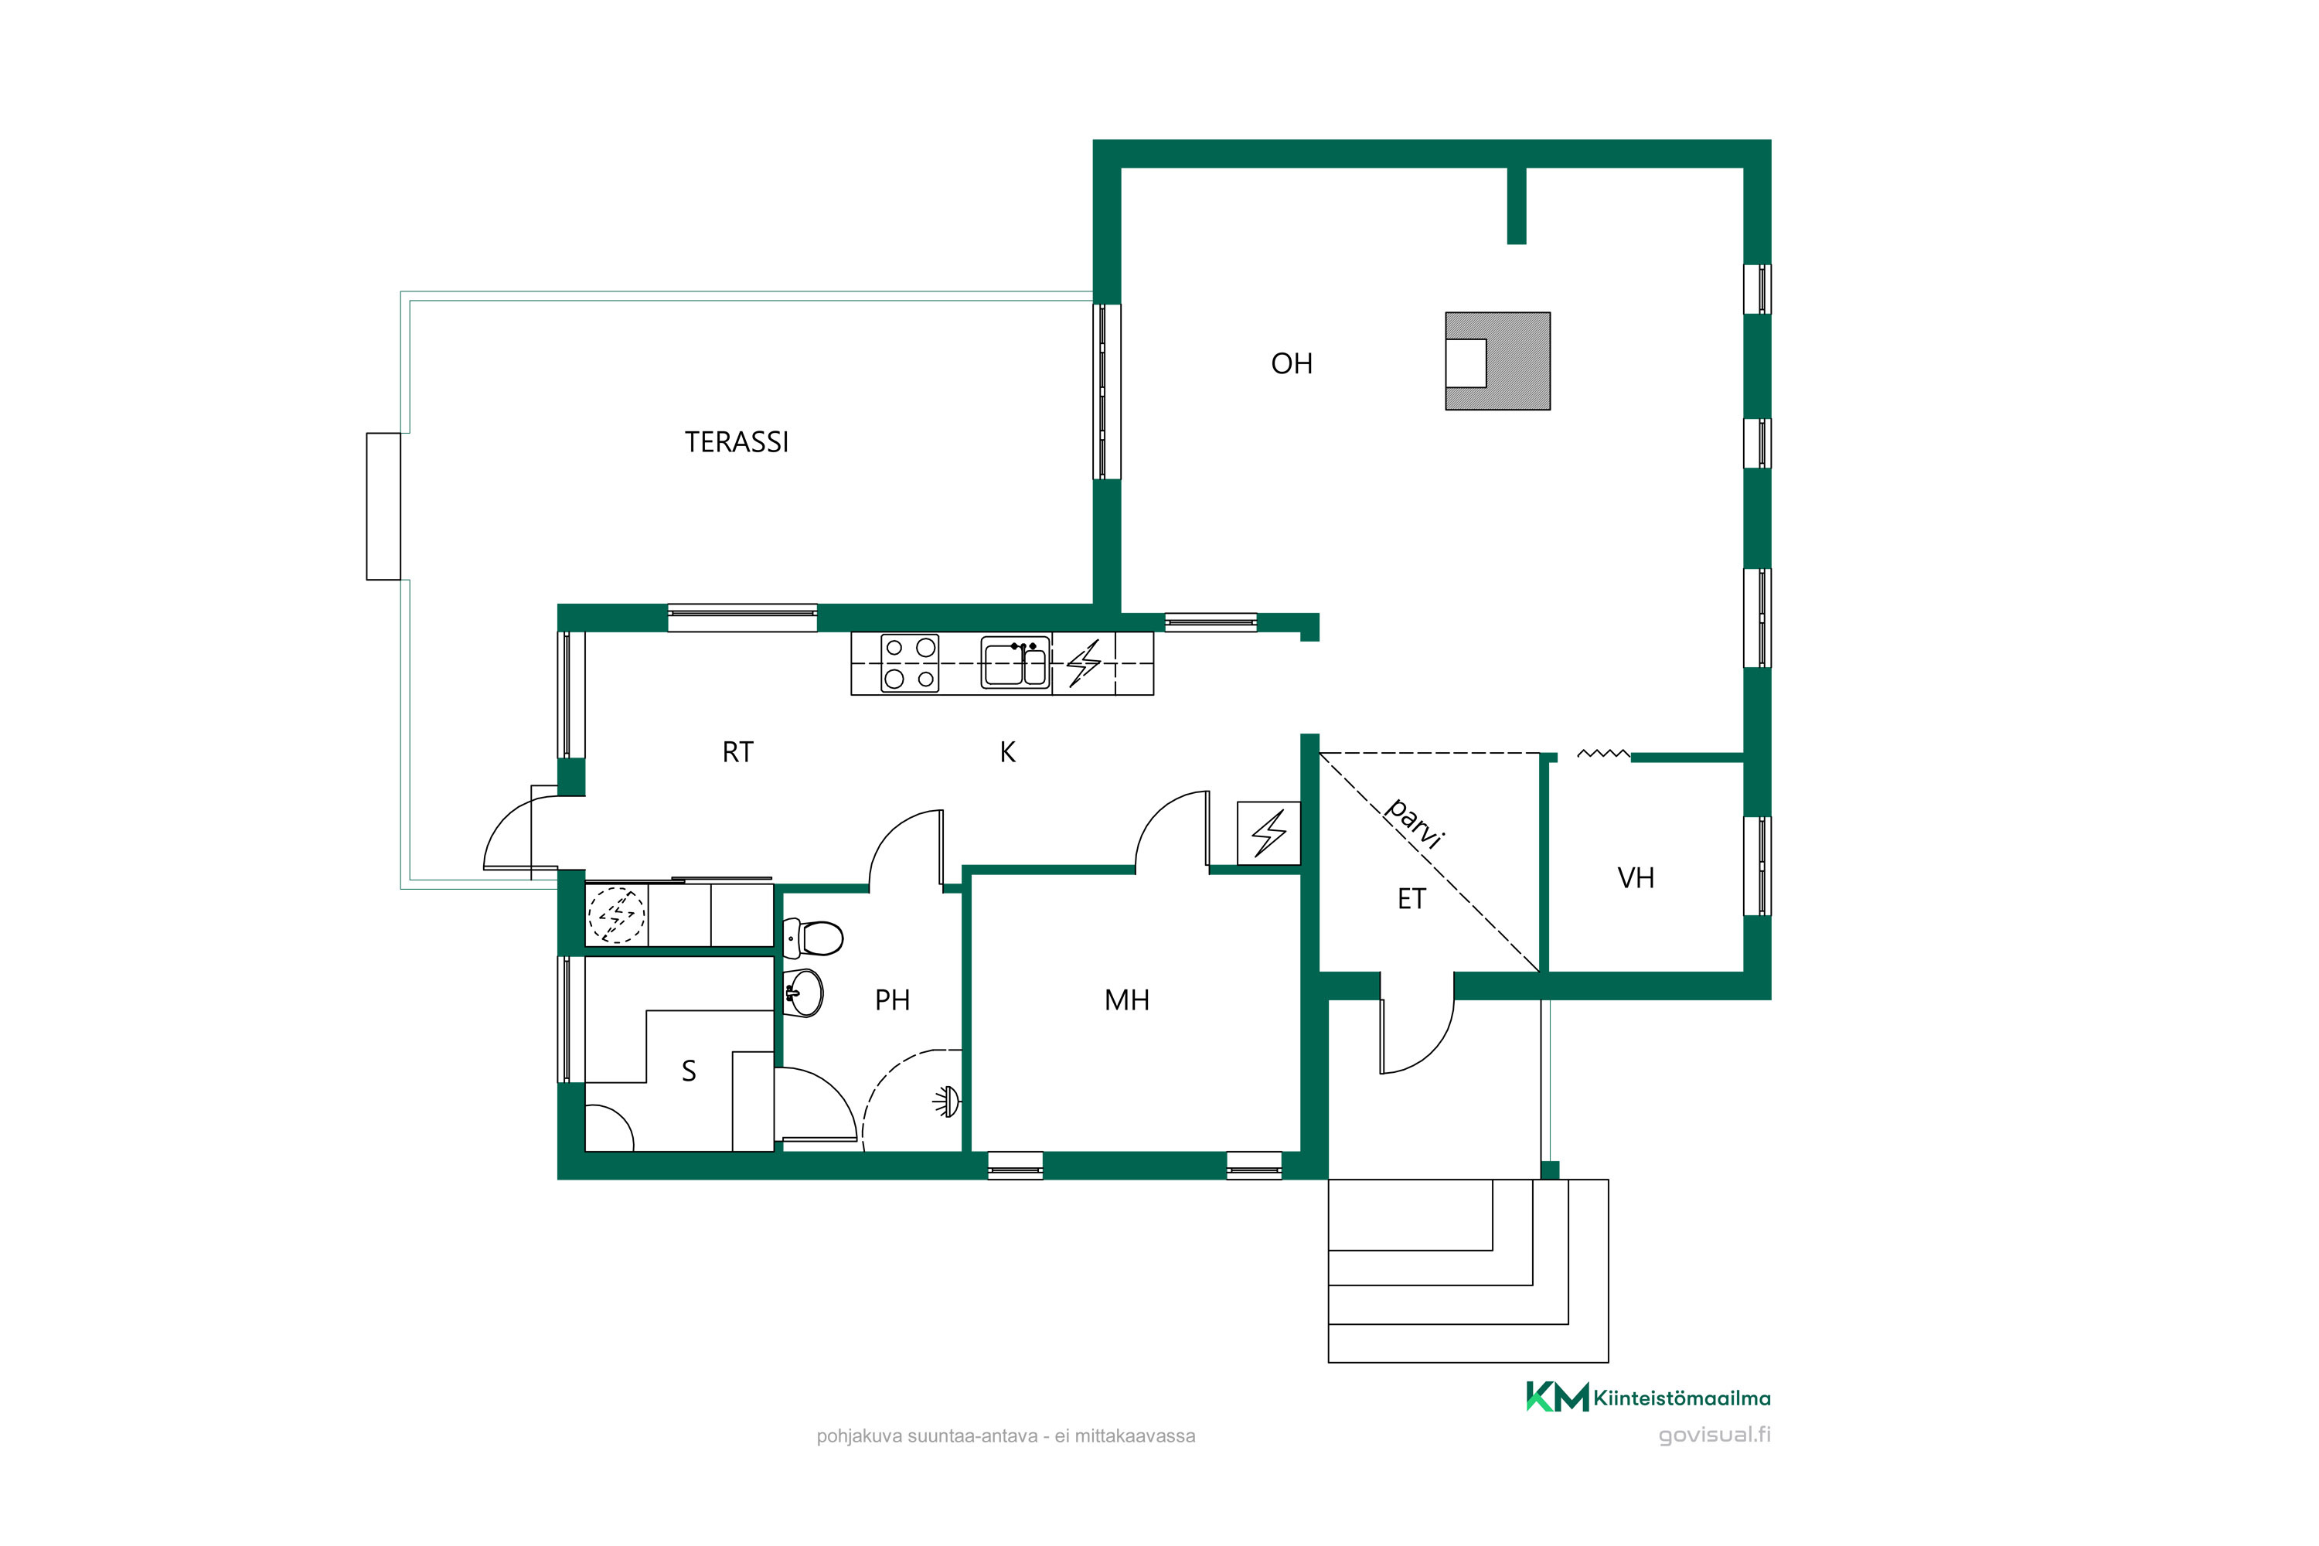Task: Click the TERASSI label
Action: point(737,441)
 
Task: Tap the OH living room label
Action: point(1292,364)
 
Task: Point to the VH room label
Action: point(1636,878)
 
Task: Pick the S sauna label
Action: point(690,1071)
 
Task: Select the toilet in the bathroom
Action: point(812,938)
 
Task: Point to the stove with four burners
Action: point(909,663)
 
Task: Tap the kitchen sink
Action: point(1014,662)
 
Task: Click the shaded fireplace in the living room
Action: point(1498,361)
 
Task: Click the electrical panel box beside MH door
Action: point(1269,834)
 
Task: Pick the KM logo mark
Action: point(1557,1397)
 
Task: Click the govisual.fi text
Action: point(1715,1435)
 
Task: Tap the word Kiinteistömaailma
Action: point(1682,1398)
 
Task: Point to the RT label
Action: point(737,752)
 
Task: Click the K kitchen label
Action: point(1008,752)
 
